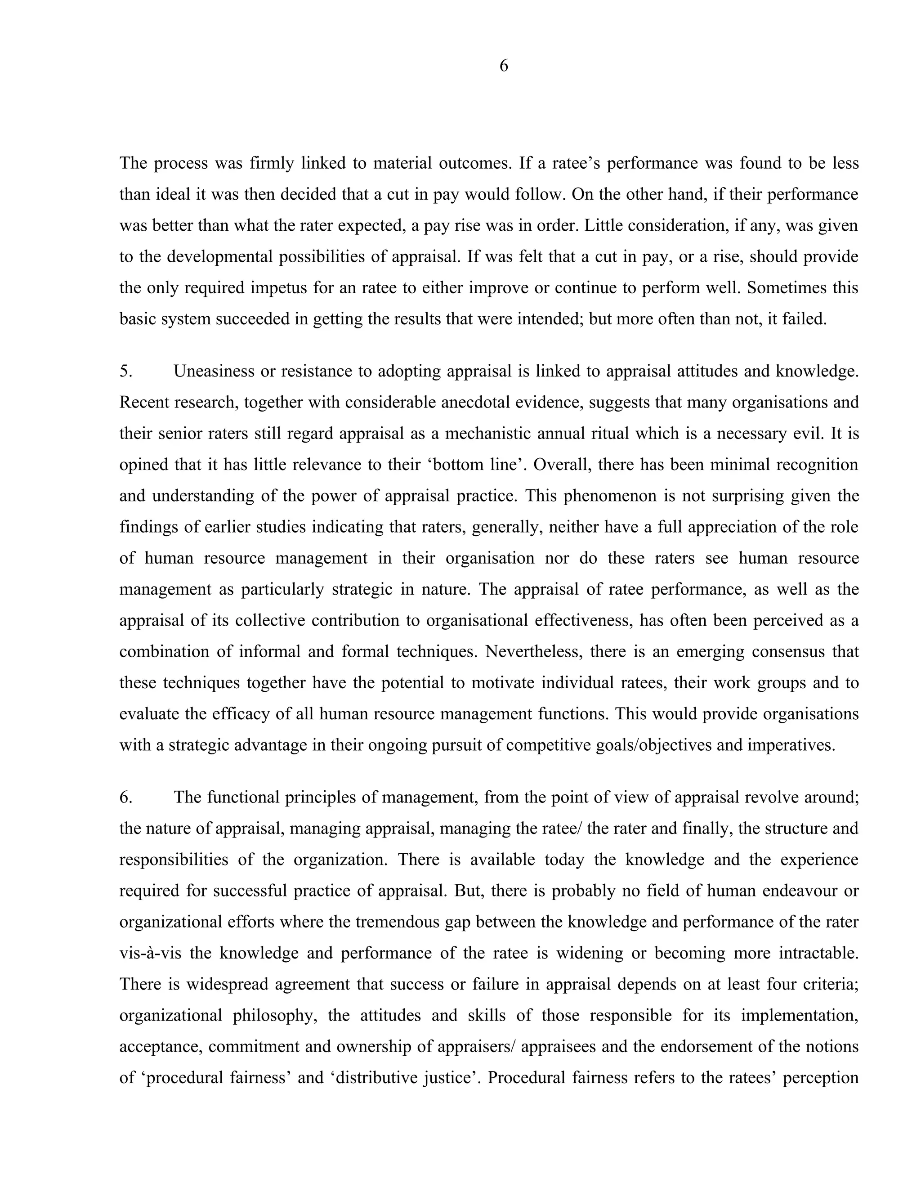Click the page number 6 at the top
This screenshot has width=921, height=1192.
click(x=504, y=66)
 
